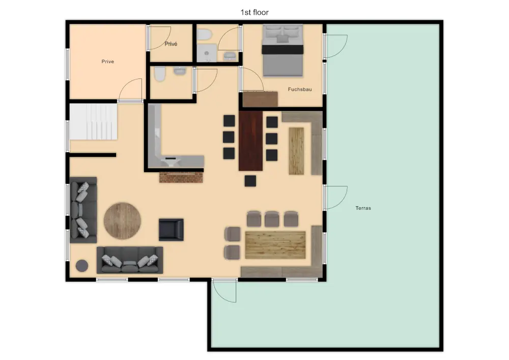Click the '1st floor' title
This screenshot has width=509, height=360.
[x=254, y=12]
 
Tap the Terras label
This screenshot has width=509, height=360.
[x=363, y=208]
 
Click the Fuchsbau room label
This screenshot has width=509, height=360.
[x=300, y=89]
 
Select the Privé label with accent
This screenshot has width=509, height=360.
[x=171, y=44]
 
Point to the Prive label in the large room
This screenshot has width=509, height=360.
[x=107, y=61]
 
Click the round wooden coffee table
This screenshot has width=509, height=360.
[x=122, y=221]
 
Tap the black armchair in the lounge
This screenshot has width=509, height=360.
[x=171, y=230]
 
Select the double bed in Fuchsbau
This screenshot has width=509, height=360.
[x=282, y=50]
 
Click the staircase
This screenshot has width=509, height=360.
[x=93, y=122]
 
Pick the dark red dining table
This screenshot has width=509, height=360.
[x=250, y=141]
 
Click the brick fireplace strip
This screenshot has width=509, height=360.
[x=181, y=177]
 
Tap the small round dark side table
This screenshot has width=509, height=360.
[x=82, y=265]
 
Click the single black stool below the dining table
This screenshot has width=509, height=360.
[x=250, y=181]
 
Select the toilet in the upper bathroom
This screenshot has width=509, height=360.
[x=205, y=34]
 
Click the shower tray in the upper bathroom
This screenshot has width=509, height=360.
[x=207, y=53]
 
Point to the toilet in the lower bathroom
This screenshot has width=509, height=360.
[x=160, y=74]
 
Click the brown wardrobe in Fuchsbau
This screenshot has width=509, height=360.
[x=260, y=99]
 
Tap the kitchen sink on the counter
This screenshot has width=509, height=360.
[x=171, y=160]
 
